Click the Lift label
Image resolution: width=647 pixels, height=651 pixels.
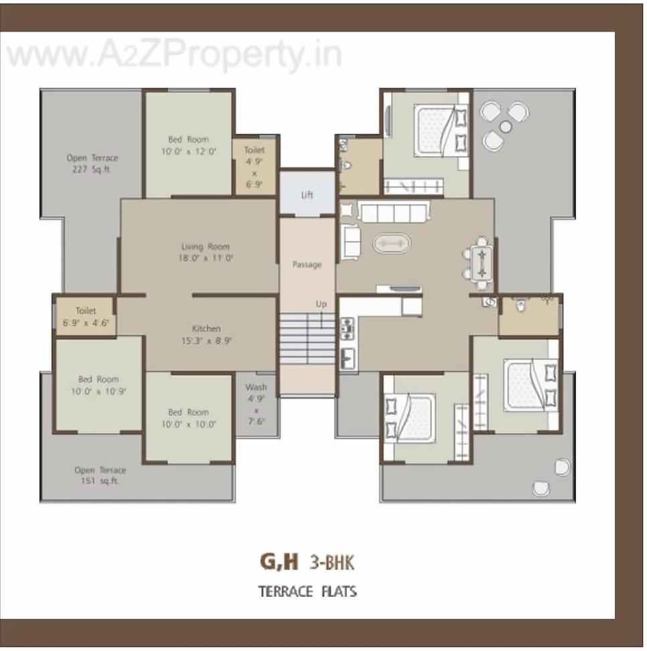pos(307,195)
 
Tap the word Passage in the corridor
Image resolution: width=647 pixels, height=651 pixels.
pos(307,265)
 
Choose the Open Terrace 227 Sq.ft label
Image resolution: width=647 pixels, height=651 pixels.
pos(92,163)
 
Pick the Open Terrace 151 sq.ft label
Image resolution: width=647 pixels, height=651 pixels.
pos(100,475)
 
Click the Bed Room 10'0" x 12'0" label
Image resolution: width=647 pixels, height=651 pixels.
pos(188,145)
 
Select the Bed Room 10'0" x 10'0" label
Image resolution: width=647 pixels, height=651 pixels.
pos(188,418)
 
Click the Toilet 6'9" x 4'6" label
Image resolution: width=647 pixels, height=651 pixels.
pos(86,316)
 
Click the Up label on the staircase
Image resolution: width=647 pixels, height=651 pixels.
pos(321,304)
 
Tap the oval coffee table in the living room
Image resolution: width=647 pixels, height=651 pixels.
pos(390,242)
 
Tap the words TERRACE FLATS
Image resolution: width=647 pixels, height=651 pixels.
pos(307,591)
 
